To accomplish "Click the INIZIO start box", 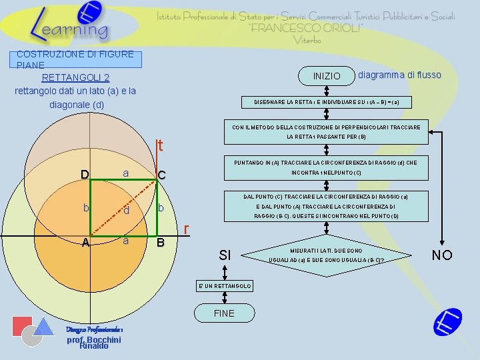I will (x=326, y=76).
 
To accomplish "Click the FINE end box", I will (x=224, y=313).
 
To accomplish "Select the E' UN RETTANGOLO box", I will (x=224, y=286).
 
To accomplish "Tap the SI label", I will (x=225, y=255).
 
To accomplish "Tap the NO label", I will (x=441, y=255).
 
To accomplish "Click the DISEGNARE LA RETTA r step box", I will (x=331, y=102).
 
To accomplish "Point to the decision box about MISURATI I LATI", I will (x=325, y=255).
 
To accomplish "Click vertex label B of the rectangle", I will (x=160, y=243).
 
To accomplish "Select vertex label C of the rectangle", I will (x=161, y=175).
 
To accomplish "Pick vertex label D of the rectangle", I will (x=85, y=175).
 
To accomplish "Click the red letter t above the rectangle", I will (x=161, y=145).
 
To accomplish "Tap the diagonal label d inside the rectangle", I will (x=125, y=212).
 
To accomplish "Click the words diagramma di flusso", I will (x=399, y=75).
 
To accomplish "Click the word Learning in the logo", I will (x=69, y=29).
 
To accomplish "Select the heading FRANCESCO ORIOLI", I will (x=306, y=29).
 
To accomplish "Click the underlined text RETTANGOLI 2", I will (x=75, y=78).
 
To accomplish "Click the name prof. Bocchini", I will (x=93, y=340).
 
